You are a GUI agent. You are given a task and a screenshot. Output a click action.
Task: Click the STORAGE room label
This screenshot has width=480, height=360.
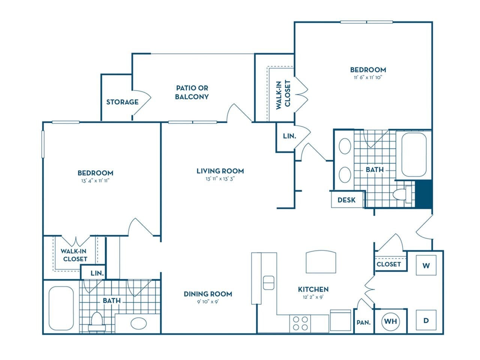[122, 102]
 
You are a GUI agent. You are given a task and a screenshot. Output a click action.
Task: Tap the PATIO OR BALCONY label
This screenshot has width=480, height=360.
[192, 92]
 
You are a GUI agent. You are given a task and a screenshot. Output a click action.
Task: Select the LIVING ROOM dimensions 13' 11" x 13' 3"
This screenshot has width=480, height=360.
[220, 179]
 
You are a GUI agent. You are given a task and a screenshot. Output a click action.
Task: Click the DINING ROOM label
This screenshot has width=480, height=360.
[208, 294]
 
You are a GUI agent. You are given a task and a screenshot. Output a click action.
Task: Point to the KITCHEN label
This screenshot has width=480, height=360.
[313, 289]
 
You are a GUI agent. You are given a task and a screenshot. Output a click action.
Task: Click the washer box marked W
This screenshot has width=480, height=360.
[426, 265]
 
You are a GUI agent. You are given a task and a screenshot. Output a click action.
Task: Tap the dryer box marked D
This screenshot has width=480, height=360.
[426, 320]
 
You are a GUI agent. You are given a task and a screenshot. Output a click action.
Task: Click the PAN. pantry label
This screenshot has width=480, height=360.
[363, 322]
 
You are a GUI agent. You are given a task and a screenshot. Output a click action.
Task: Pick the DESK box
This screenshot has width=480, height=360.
[346, 200]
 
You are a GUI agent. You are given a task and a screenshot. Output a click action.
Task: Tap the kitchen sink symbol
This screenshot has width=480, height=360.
[268, 283]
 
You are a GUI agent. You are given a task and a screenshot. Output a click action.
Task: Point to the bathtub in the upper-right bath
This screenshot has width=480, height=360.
[414, 154]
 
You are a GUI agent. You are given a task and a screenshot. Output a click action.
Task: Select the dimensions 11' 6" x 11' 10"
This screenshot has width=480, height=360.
[368, 78]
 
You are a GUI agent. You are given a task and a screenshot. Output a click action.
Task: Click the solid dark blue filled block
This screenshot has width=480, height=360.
[425, 194]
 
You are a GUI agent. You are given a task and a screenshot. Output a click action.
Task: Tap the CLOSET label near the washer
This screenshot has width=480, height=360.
[389, 264]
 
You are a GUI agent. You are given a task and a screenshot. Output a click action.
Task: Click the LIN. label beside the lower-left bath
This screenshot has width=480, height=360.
[97, 273]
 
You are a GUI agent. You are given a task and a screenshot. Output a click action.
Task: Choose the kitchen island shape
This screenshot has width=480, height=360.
[321, 262]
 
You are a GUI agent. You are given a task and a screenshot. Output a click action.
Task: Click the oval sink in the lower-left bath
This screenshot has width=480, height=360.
[138, 323]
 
